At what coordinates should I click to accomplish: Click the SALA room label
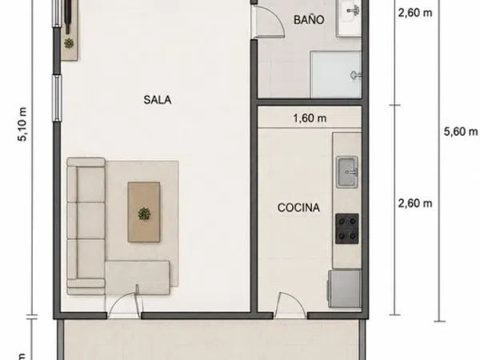tap(158, 100)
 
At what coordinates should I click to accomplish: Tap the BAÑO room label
tap(309, 19)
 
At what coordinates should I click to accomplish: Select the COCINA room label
tap(298, 207)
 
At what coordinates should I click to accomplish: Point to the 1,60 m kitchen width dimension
tap(310, 118)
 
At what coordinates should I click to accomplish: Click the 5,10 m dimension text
tap(23, 124)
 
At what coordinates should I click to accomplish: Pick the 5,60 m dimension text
tap(461, 132)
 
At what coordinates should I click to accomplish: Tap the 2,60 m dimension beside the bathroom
tap(415, 13)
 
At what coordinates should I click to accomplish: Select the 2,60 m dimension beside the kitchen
tap(415, 203)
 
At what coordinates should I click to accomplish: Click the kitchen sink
tap(347, 172)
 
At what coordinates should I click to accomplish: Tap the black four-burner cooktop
tap(347, 229)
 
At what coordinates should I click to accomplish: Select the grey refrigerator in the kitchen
tap(345, 288)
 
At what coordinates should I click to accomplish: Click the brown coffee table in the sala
tap(144, 212)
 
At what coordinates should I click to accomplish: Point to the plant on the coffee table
tap(144, 214)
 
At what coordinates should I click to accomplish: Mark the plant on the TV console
tap(69, 43)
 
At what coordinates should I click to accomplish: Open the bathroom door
tap(269, 22)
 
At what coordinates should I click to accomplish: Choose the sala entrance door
tap(124, 302)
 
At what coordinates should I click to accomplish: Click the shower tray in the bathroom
tap(336, 74)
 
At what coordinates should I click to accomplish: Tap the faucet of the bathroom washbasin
tap(353, 10)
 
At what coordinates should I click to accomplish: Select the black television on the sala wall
tap(68, 15)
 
